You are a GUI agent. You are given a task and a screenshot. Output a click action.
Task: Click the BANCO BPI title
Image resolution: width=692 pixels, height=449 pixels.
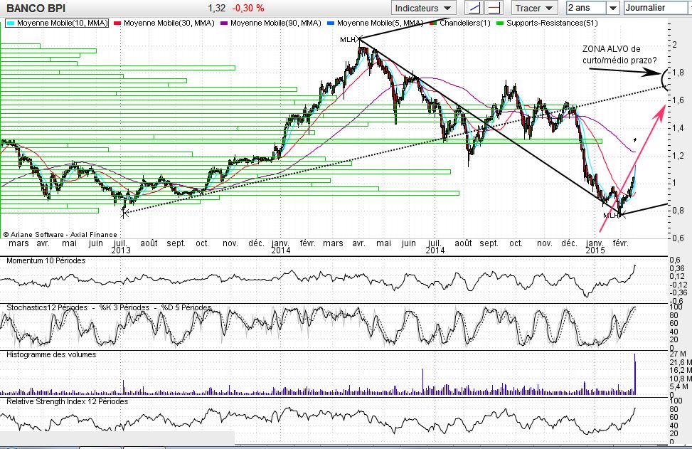[36, 8]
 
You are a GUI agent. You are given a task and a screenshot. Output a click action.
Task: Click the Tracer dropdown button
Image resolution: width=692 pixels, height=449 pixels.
[533, 8]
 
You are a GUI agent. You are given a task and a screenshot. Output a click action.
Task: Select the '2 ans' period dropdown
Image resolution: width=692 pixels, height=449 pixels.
[592, 8]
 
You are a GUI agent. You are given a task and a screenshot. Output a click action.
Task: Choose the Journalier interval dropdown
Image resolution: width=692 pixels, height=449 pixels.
[654, 8]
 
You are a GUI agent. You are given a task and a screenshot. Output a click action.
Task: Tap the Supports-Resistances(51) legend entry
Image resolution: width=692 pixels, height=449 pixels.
[541, 23]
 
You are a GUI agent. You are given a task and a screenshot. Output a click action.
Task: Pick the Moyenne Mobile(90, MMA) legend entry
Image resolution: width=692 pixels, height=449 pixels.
[276, 23]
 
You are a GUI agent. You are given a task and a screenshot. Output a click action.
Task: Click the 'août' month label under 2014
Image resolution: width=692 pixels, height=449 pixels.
[463, 243]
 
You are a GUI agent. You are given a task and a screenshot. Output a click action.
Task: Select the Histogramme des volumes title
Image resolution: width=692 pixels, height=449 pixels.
[51, 354]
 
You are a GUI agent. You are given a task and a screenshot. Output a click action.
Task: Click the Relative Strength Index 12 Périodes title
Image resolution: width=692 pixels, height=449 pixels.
[68, 401]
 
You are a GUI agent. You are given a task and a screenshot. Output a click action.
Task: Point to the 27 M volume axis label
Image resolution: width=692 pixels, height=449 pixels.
[677, 354]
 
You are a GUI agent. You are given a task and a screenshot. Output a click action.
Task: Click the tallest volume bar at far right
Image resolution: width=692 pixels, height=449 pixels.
[634, 374]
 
